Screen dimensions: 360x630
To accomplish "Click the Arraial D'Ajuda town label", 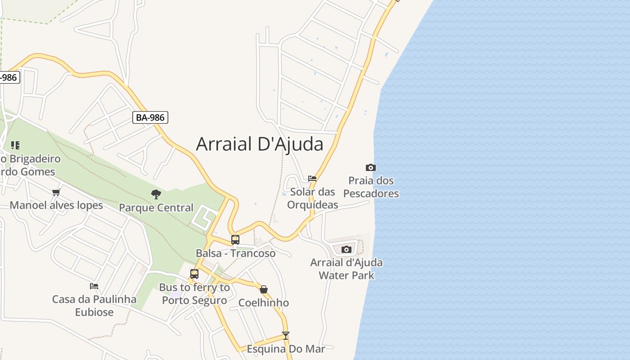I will pyautogui.click(x=260, y=144).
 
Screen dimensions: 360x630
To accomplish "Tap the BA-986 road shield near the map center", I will pyautogui.click(x=151, y=118).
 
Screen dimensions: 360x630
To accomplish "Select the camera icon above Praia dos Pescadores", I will pyautogui.click(x=371, y=168).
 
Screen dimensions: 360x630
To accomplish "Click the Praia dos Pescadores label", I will pyautogui.click(x=371, y=187).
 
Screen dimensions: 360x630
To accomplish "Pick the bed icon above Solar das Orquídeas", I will pyautogui.click(x=312, y=179).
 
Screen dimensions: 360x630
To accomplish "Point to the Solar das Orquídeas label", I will pyautogui.click(x=312, y=198).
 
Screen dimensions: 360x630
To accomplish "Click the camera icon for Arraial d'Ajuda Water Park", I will pyautogui.click(x=346, y=249).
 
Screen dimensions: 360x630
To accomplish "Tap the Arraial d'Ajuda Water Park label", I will pyautogui.click(x=346, y=269).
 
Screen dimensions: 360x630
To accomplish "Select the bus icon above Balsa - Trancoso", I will pyautogui.click(x=235, y=240).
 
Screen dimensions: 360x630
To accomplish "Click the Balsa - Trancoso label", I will pyautogui.click(x=235, y=253).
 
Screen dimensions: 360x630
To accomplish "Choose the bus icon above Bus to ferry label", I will pyautogui.click(x=194, y=274).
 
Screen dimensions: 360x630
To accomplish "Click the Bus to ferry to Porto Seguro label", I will pyautogui.click(x=194, y=294).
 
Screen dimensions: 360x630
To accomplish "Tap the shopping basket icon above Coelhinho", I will pyautogui.click(x=264, y=289).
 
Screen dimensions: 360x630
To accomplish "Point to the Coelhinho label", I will pyautogui.click(x=264, y=303).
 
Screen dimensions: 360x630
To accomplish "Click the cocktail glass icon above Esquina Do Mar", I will pyautogui.click(x=285, y=336).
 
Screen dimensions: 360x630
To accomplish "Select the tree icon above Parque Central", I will pyautogui.click(x=156, y=194).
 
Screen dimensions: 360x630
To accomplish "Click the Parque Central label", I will pyautogui.click(x=156, y=208).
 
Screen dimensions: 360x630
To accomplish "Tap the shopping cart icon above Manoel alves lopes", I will pyautogui.click(x=56, y=193).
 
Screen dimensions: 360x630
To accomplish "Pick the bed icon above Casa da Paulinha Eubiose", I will pyautogui.click(x=94, y=286).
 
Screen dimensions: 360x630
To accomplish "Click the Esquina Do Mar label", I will pyautogui.click(x=286, y=349).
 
